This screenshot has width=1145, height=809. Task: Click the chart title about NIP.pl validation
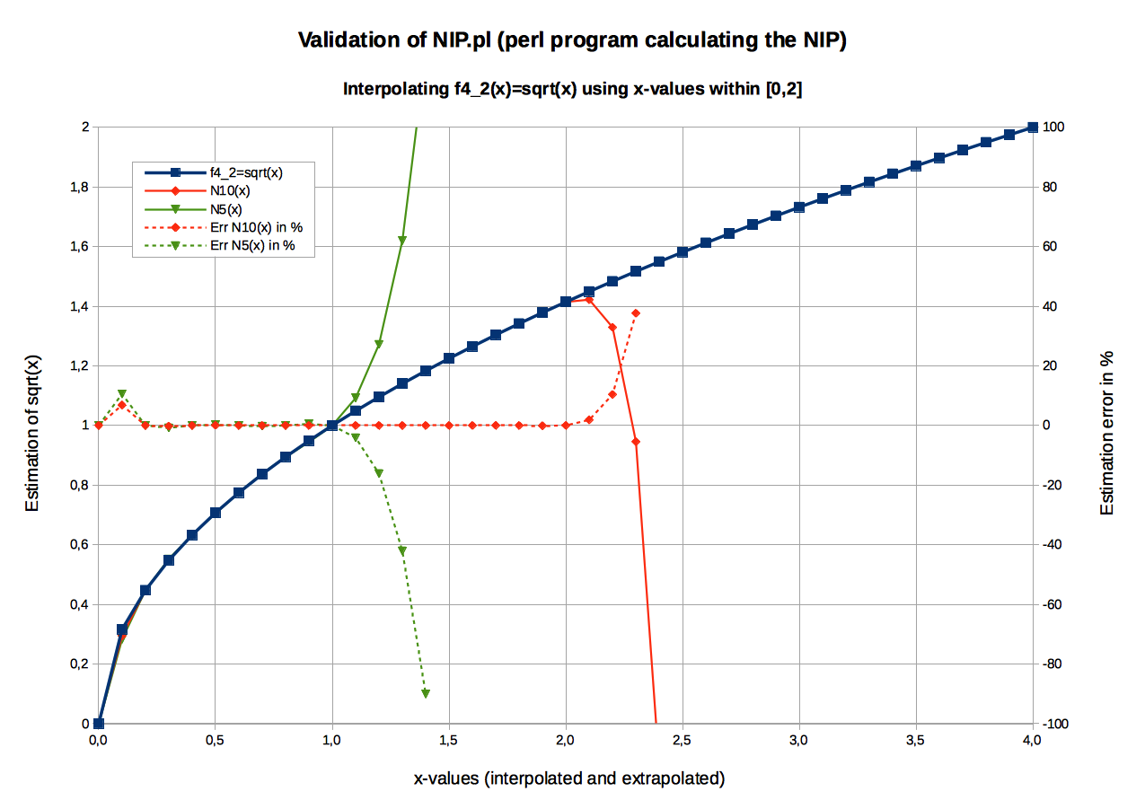(572, 40)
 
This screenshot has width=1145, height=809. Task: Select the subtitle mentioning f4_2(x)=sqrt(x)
(572, 90)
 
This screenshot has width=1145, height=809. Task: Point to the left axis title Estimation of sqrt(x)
(33, 433)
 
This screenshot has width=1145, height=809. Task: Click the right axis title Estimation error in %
(1107, 433)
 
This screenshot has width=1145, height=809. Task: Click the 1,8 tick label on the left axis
(79, 187)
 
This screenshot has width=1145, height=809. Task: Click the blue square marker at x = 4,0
(1032, 128)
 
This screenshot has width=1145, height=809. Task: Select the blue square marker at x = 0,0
(99, 723)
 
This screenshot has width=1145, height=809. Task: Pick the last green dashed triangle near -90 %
(426, 693)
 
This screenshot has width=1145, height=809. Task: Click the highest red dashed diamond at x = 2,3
(636, 313)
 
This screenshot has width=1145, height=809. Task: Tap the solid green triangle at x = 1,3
(402, 241)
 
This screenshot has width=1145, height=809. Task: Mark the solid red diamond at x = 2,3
(636, 442)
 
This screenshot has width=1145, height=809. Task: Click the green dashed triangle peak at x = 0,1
(122, 394)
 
